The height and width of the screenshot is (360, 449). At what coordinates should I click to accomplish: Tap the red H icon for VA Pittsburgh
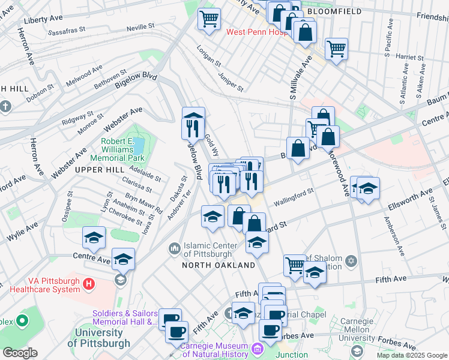[x=89, y=283]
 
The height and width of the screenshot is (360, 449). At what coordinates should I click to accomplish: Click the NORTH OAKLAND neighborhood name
[x=220, y=265]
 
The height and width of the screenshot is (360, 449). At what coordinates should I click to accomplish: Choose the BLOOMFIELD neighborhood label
[x=334, y=11]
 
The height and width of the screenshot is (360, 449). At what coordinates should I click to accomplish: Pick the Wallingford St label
[x=294, y=196]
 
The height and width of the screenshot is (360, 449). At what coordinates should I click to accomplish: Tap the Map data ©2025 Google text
[x=412, y=355]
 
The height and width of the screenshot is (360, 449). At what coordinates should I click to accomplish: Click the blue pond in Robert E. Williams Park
[x=139, y=145]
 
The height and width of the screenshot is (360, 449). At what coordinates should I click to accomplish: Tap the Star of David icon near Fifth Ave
[x=351, y=261]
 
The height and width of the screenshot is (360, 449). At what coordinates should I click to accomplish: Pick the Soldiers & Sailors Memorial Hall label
[x=125, y=318]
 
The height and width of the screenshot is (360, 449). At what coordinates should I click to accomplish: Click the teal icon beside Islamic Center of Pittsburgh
[x=175, y=247]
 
